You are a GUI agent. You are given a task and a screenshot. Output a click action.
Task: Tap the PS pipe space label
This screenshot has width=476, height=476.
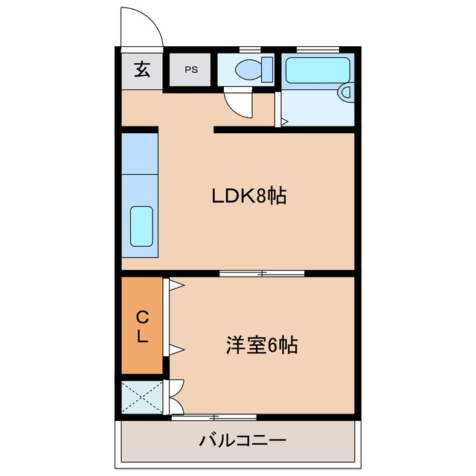point(191,71)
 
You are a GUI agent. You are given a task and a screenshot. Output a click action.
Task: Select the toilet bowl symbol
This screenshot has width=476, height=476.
point(246,70)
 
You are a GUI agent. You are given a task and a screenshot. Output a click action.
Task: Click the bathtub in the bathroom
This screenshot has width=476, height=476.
point(318,71)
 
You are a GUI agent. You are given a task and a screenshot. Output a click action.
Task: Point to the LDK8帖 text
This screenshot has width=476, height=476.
point(250,196)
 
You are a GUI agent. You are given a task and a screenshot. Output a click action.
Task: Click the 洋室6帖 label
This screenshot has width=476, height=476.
point(262,345)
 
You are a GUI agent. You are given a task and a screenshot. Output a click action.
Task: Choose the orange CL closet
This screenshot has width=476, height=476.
point(141,326)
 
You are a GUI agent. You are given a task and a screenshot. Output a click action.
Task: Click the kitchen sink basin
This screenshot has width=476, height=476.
point(141,225)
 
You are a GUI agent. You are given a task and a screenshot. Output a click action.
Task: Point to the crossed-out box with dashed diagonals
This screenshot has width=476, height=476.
point(141,396)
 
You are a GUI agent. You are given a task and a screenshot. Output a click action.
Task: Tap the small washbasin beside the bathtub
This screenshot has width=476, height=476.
point(346,92)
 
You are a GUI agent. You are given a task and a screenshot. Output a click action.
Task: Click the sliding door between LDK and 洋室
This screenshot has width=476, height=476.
point(262,274)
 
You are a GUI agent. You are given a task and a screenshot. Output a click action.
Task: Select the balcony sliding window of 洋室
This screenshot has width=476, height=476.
point(214,417)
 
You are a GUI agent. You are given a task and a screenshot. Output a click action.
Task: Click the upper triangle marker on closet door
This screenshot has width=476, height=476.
point(176,284)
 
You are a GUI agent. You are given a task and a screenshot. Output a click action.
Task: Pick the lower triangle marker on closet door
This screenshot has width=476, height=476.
point(176,348)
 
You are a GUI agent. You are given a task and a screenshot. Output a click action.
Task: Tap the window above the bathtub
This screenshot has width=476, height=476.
point(318,49)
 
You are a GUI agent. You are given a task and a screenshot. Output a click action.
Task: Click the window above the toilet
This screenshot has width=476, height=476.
point(245,49)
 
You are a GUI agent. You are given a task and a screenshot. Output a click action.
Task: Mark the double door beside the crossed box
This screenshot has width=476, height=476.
point(176,396)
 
